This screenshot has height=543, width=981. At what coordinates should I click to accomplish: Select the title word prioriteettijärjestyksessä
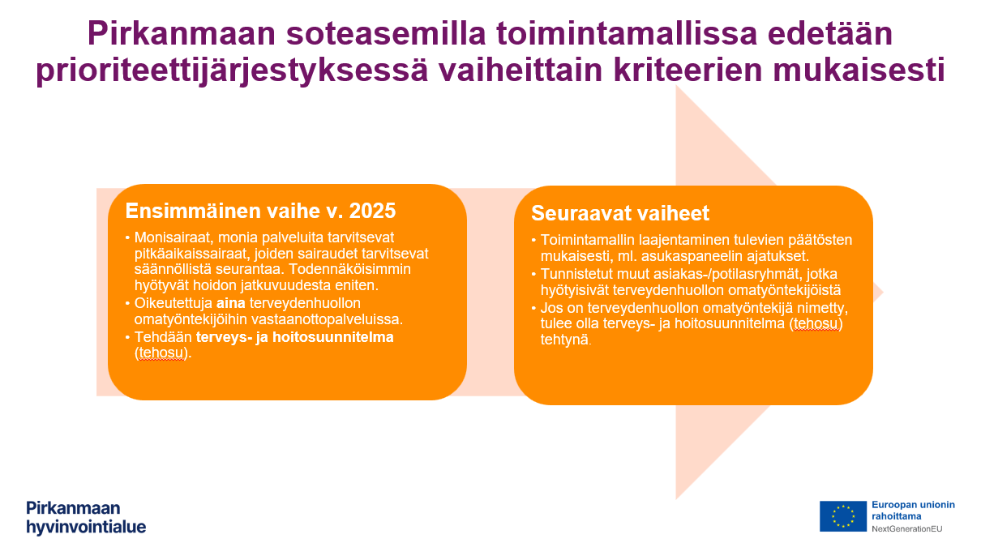click(x=230, y=71)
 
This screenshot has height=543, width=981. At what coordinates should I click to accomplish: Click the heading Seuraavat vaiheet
click(x=620, y=213)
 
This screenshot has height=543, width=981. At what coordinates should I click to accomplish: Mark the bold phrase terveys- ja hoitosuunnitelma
click(x=295, y=337)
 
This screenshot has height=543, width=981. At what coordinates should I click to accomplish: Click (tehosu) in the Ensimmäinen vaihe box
click(x=162, y=353)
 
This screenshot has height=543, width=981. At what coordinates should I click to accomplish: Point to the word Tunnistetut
click(x=576, y=274)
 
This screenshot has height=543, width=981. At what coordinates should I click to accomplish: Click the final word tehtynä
click(x=566, y=340)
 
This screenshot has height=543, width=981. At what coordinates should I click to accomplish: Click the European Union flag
click(x=843, y=516)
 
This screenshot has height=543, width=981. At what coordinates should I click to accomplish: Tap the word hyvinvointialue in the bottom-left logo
click(x=86, y=527)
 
